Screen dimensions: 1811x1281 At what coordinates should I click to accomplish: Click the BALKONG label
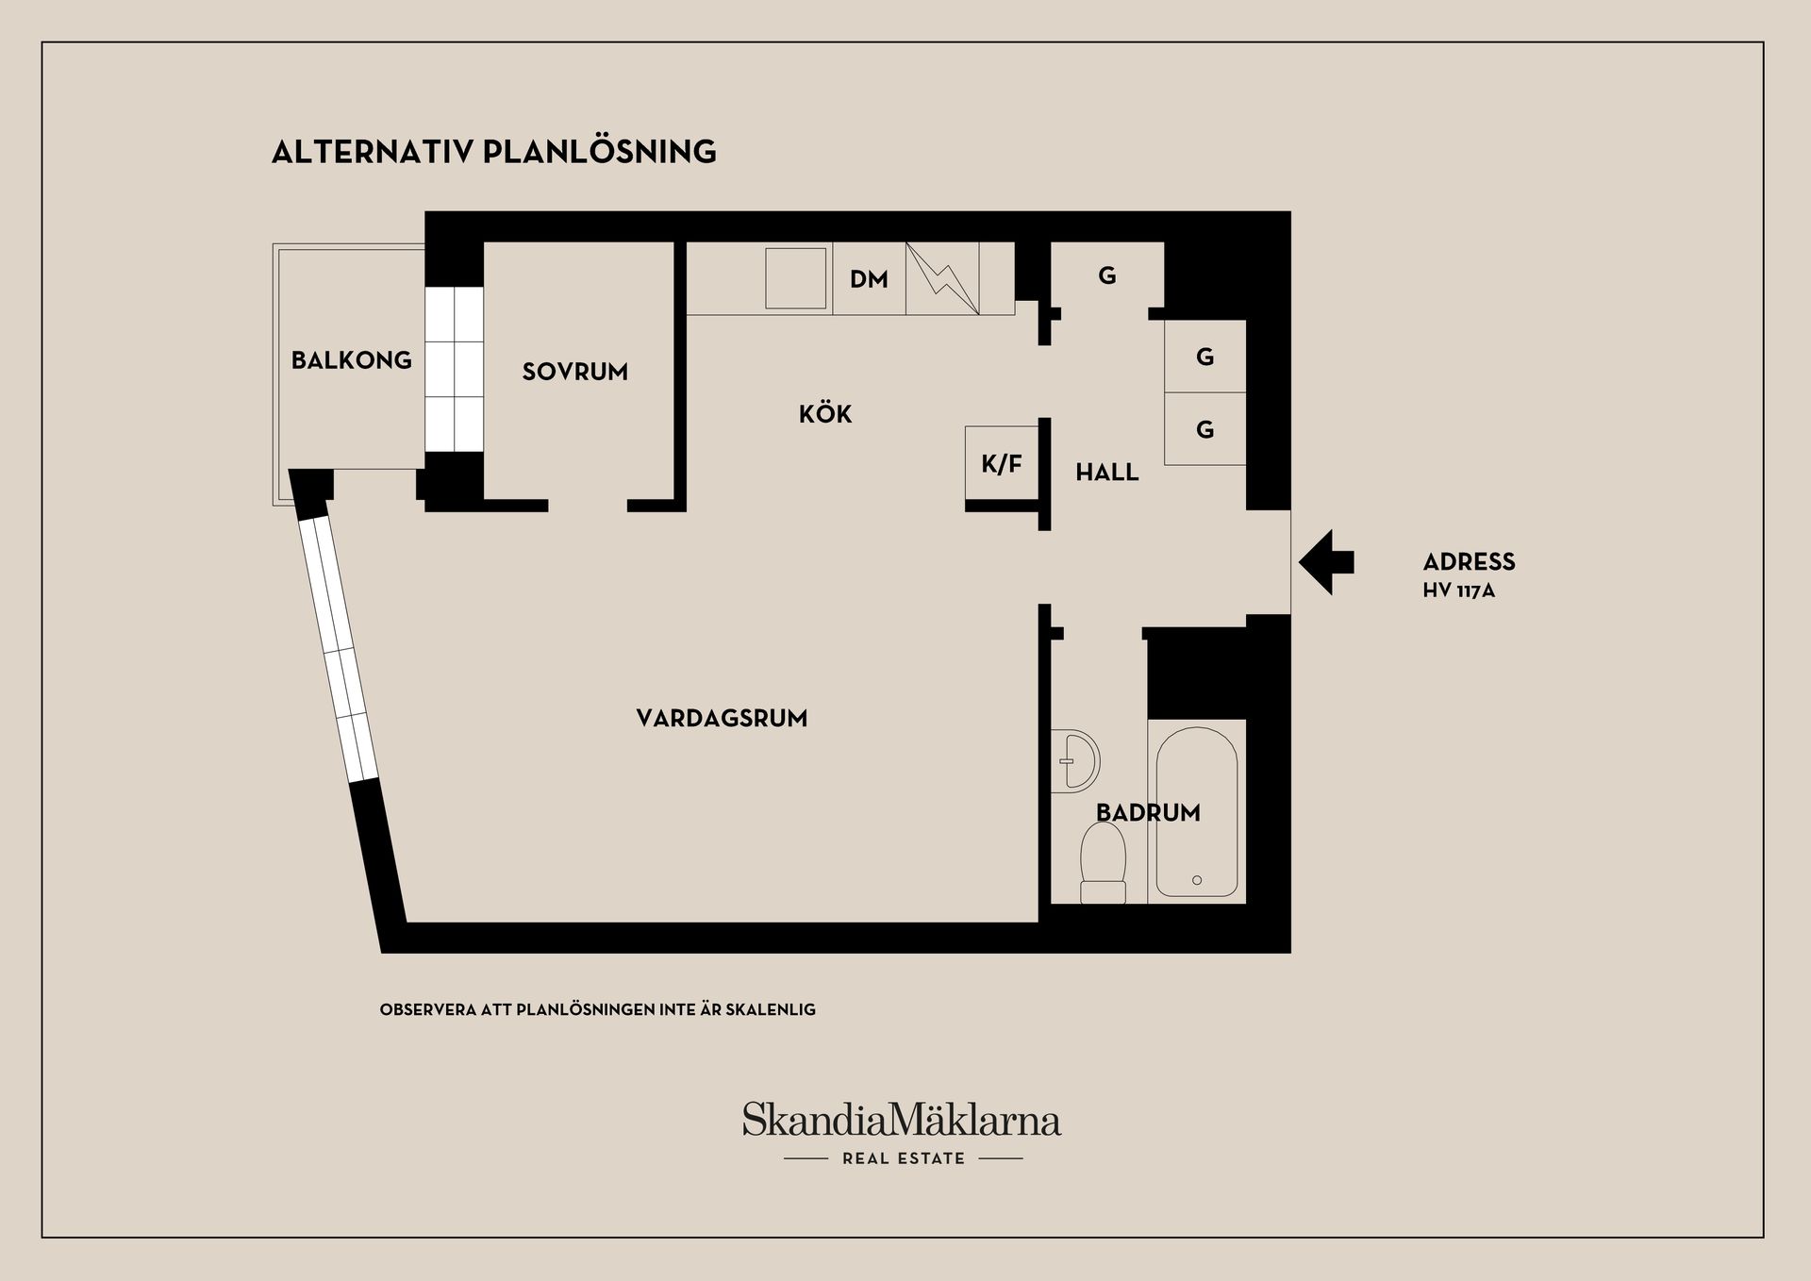[351, 360]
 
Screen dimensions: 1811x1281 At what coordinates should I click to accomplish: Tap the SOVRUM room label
[575, 372]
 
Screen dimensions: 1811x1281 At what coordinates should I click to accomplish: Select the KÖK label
[825, 413]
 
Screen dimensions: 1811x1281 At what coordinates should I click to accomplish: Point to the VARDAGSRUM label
[722, 719]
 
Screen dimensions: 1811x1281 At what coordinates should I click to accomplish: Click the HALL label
[1107, 472]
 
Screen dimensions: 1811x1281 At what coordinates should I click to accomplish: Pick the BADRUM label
[1148, 812]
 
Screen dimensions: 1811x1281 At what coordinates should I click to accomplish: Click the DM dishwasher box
[869, 278]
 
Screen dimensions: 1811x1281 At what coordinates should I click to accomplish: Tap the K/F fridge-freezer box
[1002, 463]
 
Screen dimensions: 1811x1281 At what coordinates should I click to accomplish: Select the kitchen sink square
[796, 278]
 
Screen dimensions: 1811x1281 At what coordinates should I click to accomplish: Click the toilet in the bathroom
[1103, 863]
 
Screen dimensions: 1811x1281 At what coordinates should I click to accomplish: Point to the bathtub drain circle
[1197, 880]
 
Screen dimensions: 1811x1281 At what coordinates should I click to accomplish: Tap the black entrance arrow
[1326, 562]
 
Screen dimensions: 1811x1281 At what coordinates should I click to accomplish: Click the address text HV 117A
[1459, 591]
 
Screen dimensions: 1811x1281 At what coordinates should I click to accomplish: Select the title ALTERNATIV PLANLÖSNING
[494, 152]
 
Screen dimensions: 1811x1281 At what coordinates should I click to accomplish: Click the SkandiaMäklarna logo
[902, 1121]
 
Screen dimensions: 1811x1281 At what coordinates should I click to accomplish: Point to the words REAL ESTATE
[904, 1158]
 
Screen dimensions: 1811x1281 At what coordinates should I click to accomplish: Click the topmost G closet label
[1107, 275]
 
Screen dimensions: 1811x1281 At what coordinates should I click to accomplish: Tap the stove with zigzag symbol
[942, 278]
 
